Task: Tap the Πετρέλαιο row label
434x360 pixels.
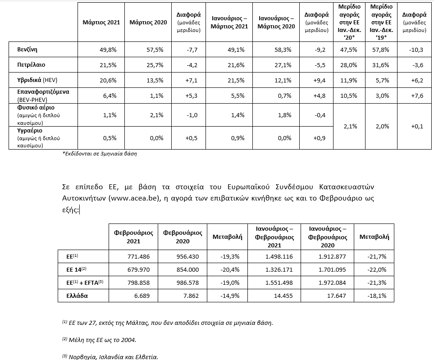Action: coord(31,65)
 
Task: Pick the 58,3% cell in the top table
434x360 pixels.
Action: coord(276,49)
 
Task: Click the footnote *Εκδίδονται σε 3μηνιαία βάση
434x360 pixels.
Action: coord(100,154)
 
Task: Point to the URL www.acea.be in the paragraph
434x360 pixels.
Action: coord(134,198)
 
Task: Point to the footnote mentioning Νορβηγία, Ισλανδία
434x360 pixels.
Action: coord(110,356)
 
